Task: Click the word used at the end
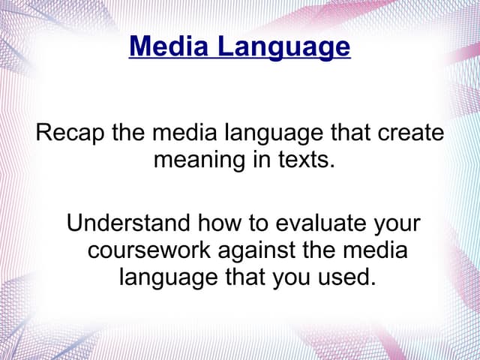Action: [x=348, y=276]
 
